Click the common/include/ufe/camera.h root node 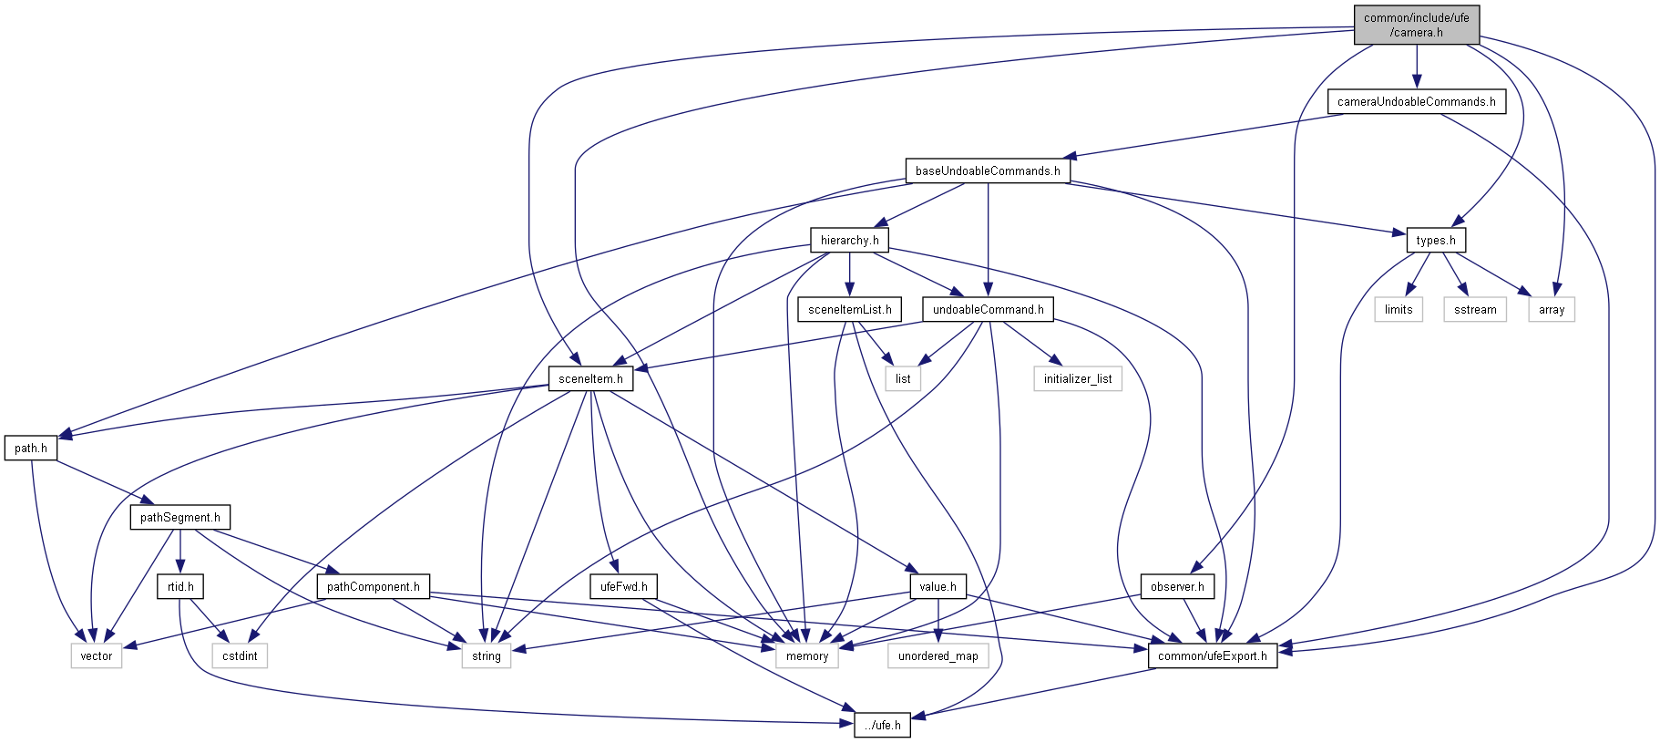pos(1416,25)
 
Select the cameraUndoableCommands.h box pos(1416,102)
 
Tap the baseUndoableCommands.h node pos(988,171)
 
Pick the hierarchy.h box pos(849,241)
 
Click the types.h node pos(1436,241)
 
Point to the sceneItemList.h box pos(849,310)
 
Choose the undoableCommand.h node pos(988,310)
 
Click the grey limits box pos(1399,310)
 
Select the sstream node pos(1475,310)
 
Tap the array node pos(1552,310)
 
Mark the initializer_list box pos(1078,379)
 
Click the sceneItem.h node pos(590,379)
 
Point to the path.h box pos(31,449)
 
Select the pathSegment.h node pos(180,518)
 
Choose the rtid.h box pos(180,587)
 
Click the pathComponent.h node pos(374,587)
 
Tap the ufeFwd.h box pos(624,587)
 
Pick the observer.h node pos(1177,587)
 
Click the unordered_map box pos(938,656)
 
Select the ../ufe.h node pos(882,726)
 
